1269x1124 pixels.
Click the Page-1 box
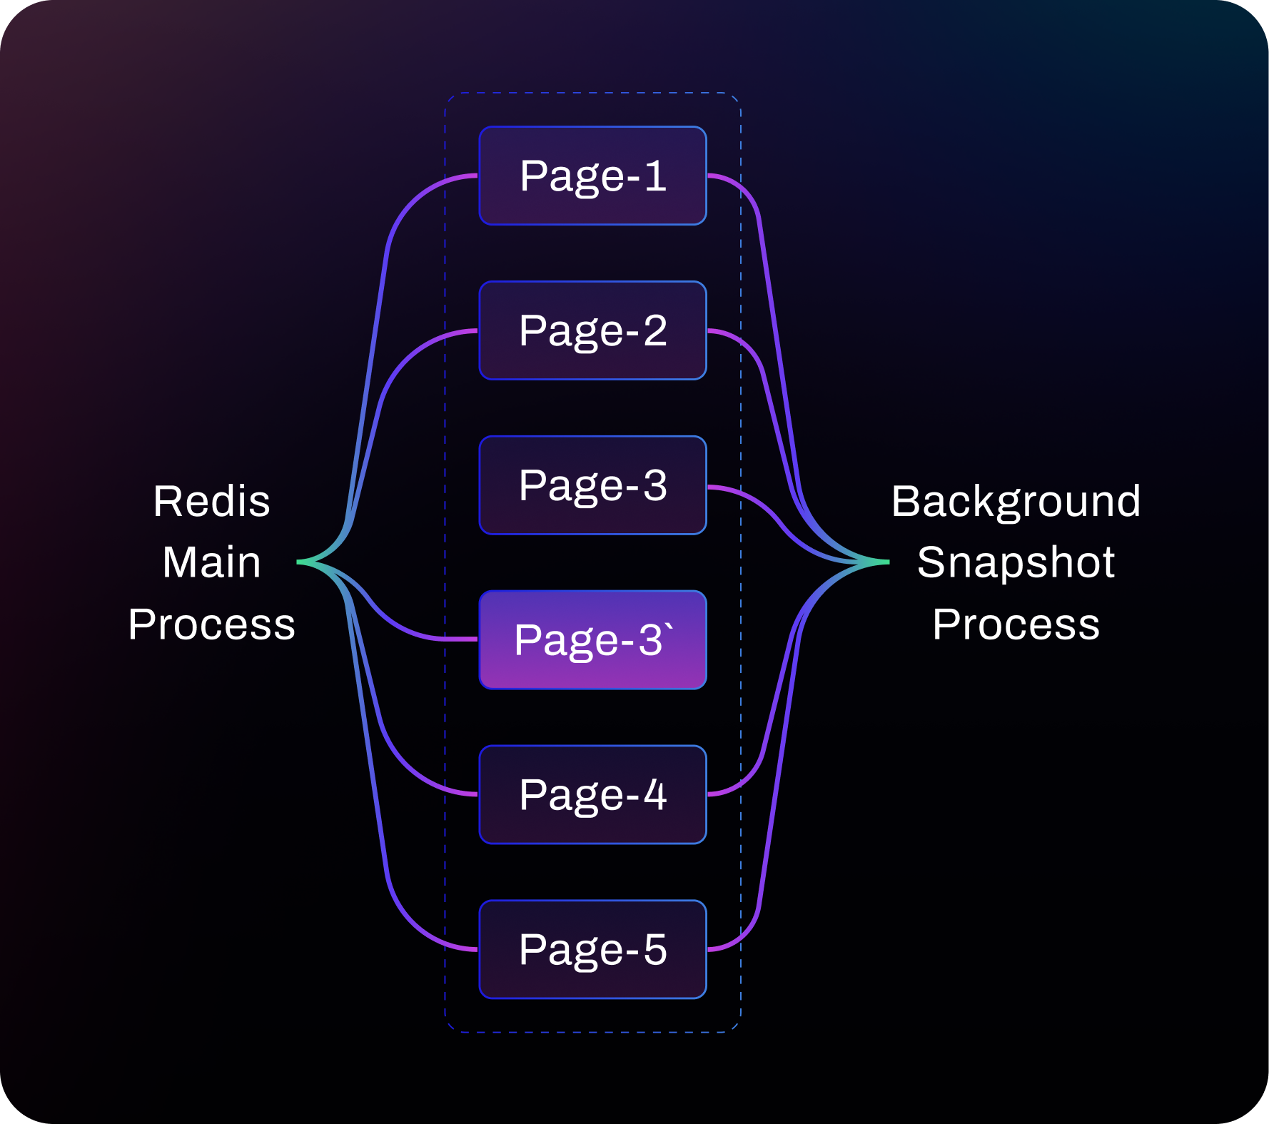click(x=592, y=176)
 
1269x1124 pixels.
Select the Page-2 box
click(x=592, y=330)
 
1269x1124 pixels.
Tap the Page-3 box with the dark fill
click(x=592, y=485)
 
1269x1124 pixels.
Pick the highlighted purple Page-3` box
click(x=592, y=640)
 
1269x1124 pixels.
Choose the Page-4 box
click(x=592, y=794)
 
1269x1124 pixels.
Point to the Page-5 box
click(x=592, y=949)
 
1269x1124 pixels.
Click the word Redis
click(x=211, y=501)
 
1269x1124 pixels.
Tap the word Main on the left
click(x=211, y=562)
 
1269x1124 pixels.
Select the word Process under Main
click(x=211, y=624)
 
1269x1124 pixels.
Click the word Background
click(x=1016, y=501)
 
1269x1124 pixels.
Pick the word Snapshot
click(x=1016, y=562)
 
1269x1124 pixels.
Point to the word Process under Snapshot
click(x=1016, y=624)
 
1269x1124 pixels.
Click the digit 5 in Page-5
click(x=655, y=949)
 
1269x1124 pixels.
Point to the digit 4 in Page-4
click(x=655, y=794)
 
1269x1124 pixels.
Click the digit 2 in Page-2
click(x=655, y=330)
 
